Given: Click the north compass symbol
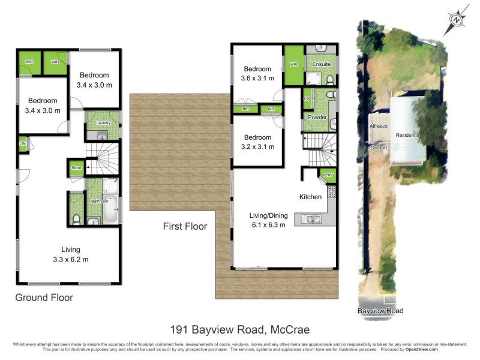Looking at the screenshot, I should click(457, 19).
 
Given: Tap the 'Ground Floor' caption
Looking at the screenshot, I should click(44, 297).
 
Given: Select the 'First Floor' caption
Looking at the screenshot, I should click(185, 226).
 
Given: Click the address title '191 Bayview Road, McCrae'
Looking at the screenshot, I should click(239, 329).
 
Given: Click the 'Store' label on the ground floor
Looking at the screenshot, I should click(76, 168).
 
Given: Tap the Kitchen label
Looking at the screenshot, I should click(311, 197).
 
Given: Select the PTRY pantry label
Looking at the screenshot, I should click(328, 175).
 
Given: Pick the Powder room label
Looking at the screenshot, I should click(317, 117).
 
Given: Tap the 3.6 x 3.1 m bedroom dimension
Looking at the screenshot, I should click(257, 78).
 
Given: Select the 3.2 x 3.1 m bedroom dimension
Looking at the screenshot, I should click(257, 146).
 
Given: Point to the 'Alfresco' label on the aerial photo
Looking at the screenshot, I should click(378, 127).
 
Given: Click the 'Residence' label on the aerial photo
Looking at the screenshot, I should click(407, 136).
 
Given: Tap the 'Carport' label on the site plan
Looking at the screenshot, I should click(378, 147).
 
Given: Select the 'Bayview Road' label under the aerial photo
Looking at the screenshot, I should click(380, 311).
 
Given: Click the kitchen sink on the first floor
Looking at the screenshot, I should click(312, 220).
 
